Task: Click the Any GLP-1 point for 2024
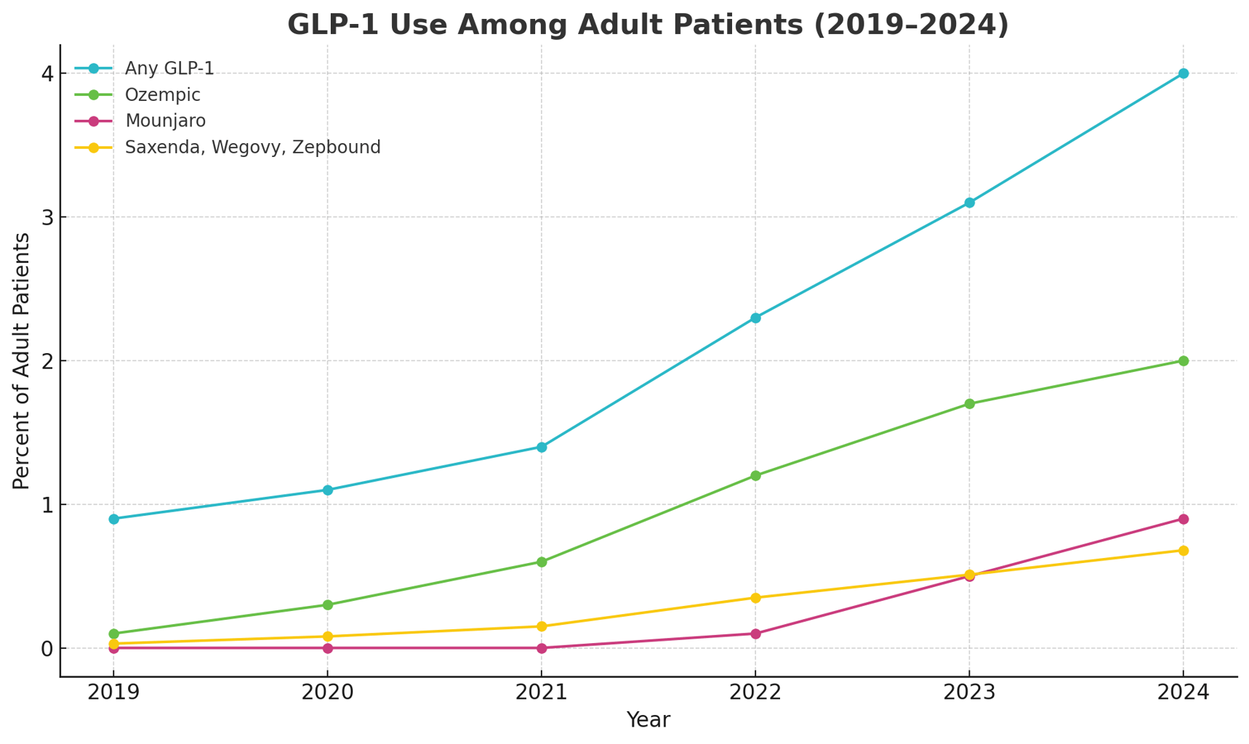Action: (x=1183, y=73)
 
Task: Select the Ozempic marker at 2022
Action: (x=755, y=476)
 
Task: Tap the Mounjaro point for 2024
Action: (x=1183, y=519)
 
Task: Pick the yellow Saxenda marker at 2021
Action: (x=542, y=626)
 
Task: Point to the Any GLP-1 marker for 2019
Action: (x=113, y=519)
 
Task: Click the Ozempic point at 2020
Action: (x=328, y=604)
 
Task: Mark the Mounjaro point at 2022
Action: (x=755, y=634)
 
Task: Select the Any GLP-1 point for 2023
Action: (x=969, y=203)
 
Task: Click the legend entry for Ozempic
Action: (x=162, y=95)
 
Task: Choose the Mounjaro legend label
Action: (x=165, y=121)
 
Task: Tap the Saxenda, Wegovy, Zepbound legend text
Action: (x=252, y=147)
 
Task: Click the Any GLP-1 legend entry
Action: (x=169, y=69)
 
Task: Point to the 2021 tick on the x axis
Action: (x=542, y=692)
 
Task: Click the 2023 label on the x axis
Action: (x=969, y=692)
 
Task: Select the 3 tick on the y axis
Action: (x=47, y=217)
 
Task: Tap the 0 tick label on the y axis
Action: (x=47, y=648)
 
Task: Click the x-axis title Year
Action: (x=648, y=720)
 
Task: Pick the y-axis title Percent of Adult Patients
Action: (x=22, y=361)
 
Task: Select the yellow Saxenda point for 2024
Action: (x=1183, y=551)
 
